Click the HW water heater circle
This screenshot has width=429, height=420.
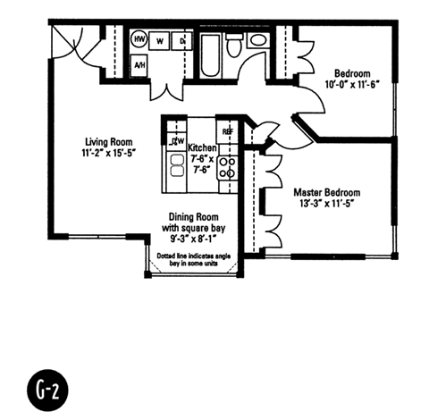tap(140, 40)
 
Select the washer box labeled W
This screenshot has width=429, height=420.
tap(161, 40)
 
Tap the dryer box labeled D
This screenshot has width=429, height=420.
tap(181, 40)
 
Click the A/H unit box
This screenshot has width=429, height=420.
tap(140, 65)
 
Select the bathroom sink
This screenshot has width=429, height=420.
tap(257, 40)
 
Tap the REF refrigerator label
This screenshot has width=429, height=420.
tap(227, 131)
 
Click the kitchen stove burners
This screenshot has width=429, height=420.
tap(227, 166)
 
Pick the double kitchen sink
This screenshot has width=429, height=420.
tap(175, 167)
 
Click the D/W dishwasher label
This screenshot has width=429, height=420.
tap(177, 140)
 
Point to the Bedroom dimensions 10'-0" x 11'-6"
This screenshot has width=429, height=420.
tap(353, 86)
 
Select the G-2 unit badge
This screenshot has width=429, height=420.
tap(46, 390)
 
